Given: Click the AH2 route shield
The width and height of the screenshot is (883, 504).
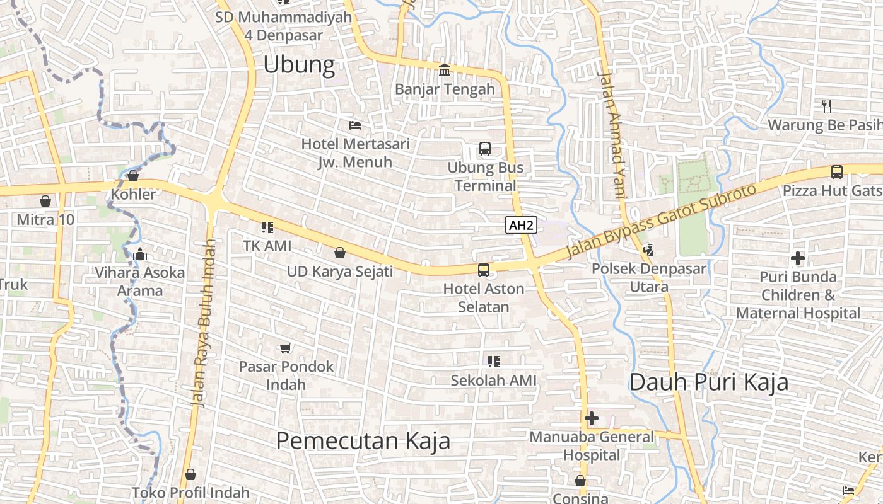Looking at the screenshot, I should (x=521, y=225).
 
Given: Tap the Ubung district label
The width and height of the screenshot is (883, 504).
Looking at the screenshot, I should (x=299, y=64).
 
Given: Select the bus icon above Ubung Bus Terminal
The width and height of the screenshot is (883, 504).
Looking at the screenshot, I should (x=484, y=149).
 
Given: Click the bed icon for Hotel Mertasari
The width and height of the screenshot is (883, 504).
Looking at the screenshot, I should (x=355, y=125).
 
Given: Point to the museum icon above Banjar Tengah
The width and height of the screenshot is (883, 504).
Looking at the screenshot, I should (x=445, y=70).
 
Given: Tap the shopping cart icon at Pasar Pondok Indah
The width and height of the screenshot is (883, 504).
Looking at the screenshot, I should (x=286, y=348).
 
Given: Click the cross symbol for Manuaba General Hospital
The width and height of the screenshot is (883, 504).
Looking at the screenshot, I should (x=592, y=418).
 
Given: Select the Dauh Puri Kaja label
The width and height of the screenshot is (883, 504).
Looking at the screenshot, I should (x=709, y=382).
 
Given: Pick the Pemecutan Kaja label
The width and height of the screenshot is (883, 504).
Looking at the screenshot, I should (x=363, y=440).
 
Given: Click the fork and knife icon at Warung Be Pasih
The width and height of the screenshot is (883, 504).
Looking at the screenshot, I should (x=827, y=106).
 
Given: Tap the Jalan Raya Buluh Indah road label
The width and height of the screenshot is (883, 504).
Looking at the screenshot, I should (x=204, y=323).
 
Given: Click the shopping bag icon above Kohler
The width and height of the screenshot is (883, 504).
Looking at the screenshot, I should (x=133, y=176).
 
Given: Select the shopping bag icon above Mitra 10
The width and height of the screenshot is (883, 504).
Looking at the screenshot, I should (x=45, y=201).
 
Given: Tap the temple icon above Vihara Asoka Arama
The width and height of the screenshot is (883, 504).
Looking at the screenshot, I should (x=140, y=254).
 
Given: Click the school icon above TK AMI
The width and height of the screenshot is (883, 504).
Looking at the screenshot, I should (x=267, y=227).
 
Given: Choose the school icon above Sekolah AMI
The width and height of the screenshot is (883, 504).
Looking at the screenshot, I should (x=494, y=362).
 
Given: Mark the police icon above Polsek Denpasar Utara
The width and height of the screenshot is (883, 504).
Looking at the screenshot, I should (x=648, y=250).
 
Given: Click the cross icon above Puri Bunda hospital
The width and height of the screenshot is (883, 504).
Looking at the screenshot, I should (x=798, y=258).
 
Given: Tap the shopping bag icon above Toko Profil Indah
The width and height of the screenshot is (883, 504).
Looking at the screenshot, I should (x=190, y=474).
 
